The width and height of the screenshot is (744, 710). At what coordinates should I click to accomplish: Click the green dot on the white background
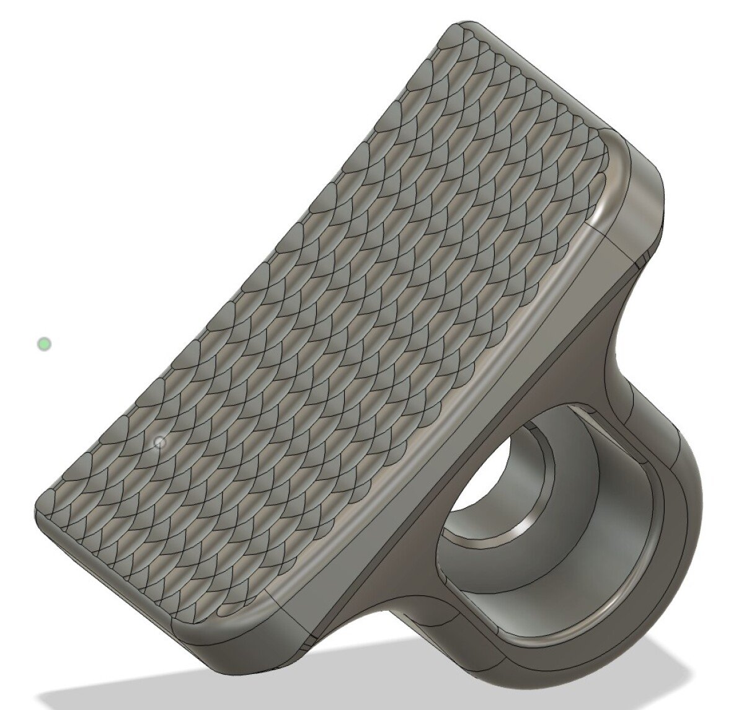coord(44,344)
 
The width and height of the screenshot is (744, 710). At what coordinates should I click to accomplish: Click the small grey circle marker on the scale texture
coord(160,442)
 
